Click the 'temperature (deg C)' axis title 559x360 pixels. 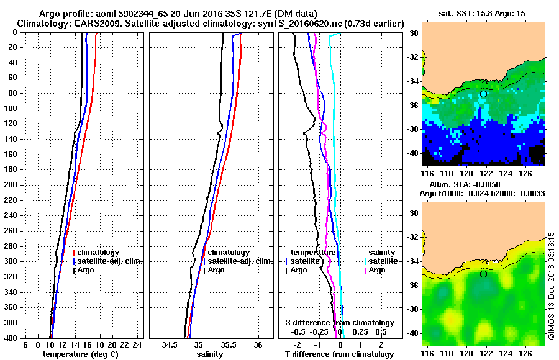[81, 354]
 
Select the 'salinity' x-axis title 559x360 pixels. [211, 354]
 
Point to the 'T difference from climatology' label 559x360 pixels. [339, 354]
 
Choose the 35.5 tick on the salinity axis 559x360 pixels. [229, 344]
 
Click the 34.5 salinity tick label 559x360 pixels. [170, 344]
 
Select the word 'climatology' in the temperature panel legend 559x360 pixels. [99, 253]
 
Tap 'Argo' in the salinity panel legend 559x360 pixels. [217, 270]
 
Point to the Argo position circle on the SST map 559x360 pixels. [483, 94]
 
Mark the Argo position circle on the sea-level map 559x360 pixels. [483, 274]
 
